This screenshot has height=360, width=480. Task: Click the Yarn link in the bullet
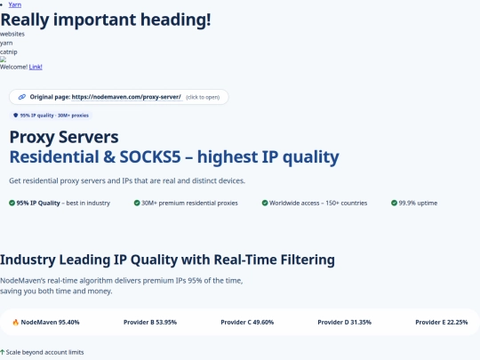[15, 4]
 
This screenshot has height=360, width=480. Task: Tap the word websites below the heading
[12, 34]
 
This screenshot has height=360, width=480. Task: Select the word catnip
[9, 51]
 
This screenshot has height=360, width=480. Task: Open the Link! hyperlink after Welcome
[36, 67]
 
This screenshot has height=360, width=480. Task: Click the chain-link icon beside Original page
[22, 96]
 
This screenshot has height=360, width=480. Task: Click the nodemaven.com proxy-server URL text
[126, 96]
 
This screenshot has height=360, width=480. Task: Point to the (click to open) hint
[204, 96]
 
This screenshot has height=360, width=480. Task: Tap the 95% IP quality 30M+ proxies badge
[52, 116]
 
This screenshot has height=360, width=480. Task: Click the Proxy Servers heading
[63, 137]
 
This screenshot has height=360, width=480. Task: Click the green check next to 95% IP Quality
[12, 203]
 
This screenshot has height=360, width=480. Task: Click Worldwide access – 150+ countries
[318, 203]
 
